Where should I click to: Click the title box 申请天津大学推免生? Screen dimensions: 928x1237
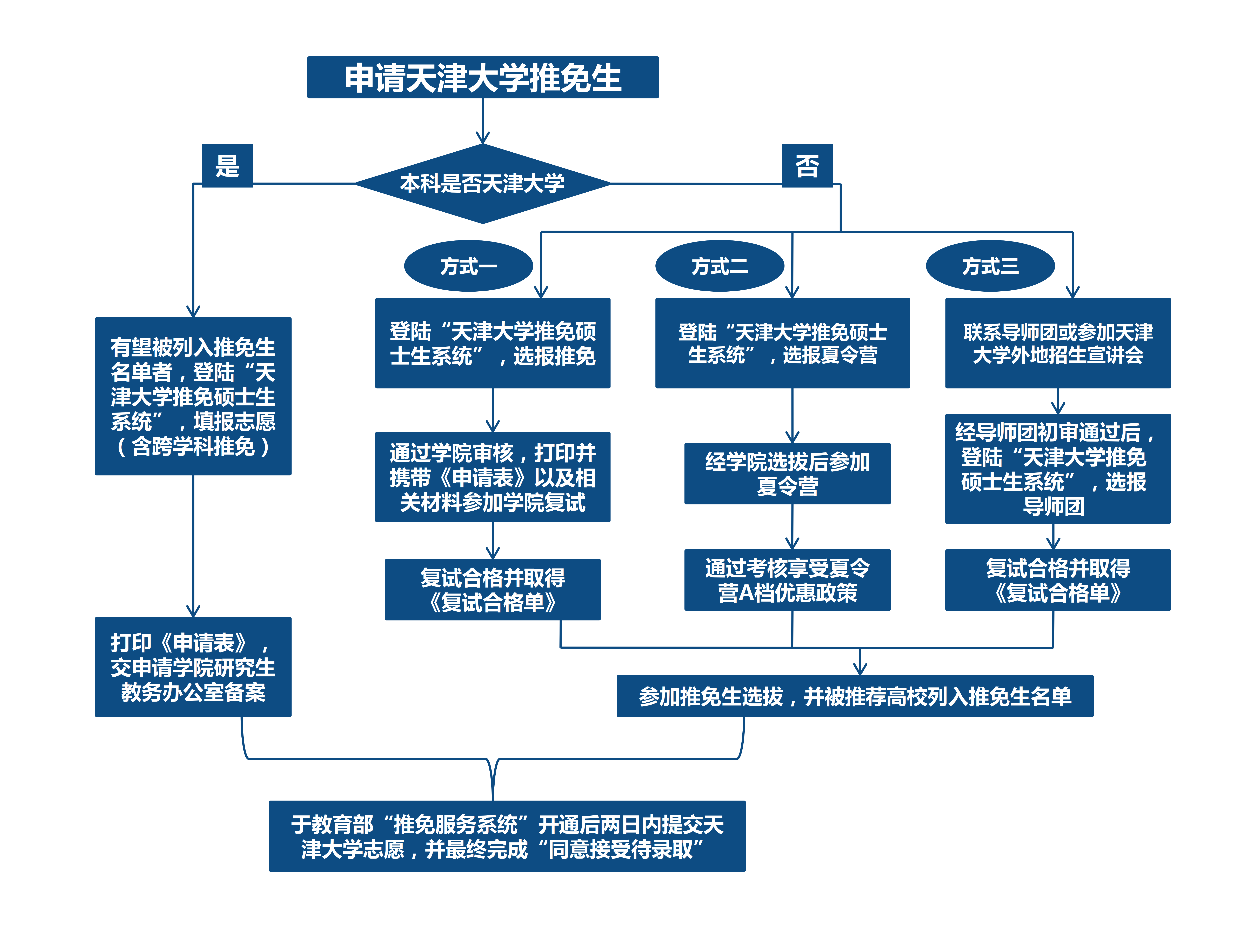click(x=483, y=77)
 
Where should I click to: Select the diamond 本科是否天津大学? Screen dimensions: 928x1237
click(x=483, y=184)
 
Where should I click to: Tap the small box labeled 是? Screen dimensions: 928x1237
click(x=227, y=166)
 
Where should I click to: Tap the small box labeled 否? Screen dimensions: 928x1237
click(x=807, y=166)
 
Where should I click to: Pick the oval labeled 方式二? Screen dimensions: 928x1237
click(x=720, y=266)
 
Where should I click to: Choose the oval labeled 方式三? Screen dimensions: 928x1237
click(x=990, y=266)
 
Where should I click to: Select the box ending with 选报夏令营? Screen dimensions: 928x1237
click(x=782, y=343)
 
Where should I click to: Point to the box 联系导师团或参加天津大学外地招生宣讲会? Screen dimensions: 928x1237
click(x=1057, y=343)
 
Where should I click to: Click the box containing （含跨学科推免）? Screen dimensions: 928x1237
click(x=193, y=396)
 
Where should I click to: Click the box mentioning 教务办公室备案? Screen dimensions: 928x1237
click(x=193, y=667)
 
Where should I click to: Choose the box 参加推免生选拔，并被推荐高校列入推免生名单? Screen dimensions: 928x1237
click(x=855, y=696)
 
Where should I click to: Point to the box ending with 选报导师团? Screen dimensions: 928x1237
click(x=1057, y=469)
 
